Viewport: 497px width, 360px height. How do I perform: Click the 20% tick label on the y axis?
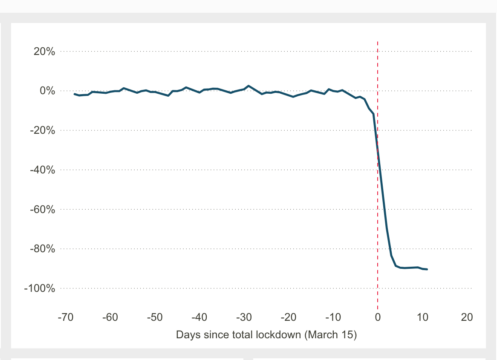click(x=44, y=52)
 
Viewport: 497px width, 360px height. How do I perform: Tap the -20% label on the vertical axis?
click(x=43, y=130)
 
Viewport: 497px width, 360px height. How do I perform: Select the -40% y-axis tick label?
click(x=43, y=170)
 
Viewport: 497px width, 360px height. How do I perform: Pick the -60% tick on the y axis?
click(x=43, y=210)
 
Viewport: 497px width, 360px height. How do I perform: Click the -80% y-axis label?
click(x=43, y=249)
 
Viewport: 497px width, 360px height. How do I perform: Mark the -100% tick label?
click(x=41, y=288)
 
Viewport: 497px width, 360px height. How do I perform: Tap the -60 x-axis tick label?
click(x=110, y=318)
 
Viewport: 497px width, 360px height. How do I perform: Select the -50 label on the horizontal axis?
click(x=154, y=318)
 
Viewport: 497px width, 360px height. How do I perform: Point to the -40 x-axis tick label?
click(x=199, y=318)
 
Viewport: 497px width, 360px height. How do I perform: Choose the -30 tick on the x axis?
click(x=244, y=318)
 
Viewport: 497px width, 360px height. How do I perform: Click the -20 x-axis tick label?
click(x=288, y=318)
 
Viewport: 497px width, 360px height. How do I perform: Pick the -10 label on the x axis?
click(x=333, y=318)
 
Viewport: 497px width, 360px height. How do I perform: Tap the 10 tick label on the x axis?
click(x=422, y=318)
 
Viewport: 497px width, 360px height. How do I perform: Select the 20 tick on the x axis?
click(x=467, y=318)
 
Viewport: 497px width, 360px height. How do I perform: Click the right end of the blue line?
click(x=427, y=269)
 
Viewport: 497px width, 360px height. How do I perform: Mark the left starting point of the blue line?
click(x=75, y=94)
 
